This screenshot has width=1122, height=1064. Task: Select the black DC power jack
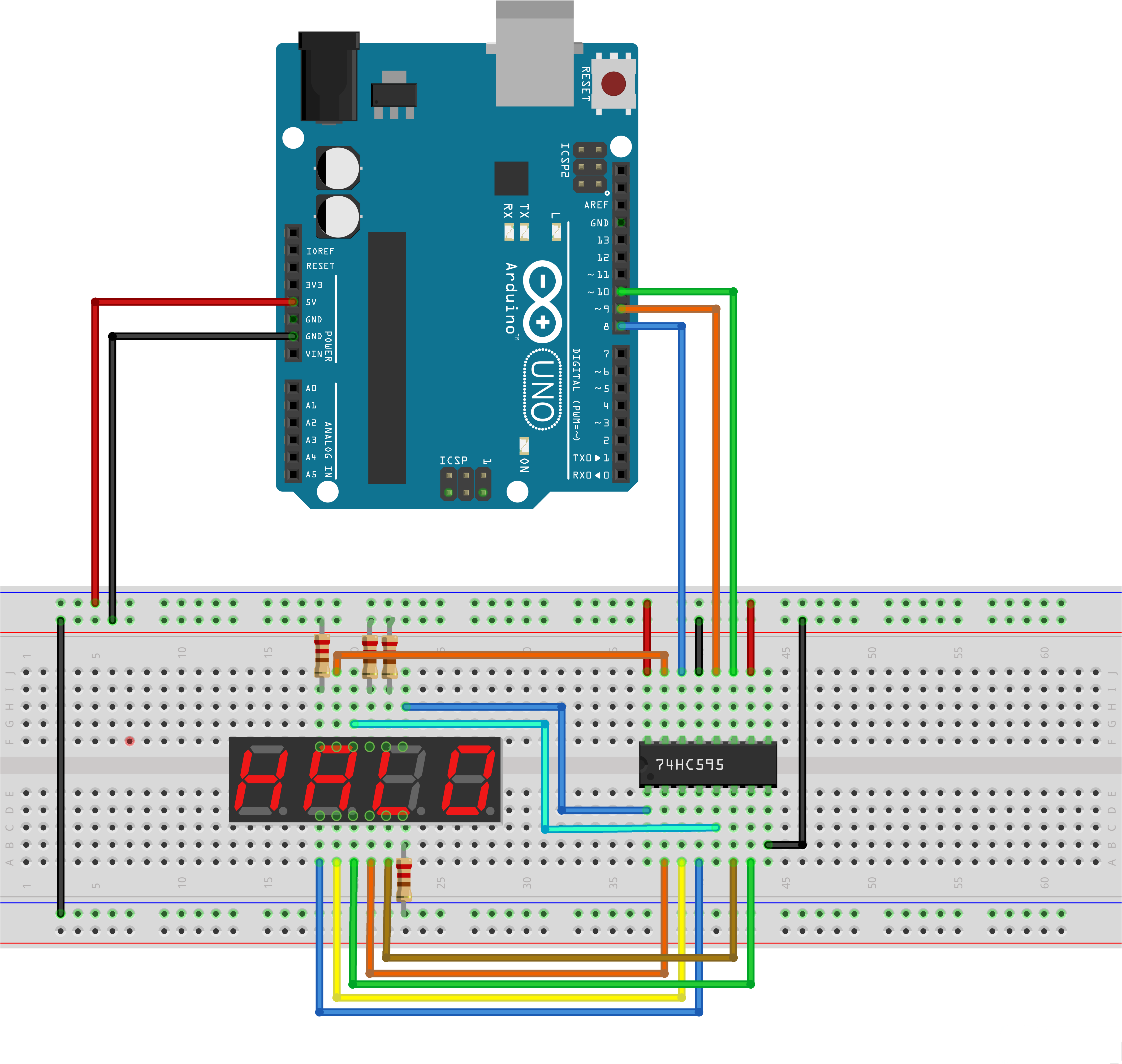329,77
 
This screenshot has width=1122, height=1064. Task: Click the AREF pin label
596,205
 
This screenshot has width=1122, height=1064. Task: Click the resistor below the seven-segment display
404,880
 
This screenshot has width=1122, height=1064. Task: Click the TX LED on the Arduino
524,231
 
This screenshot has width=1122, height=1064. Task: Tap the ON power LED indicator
524,445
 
